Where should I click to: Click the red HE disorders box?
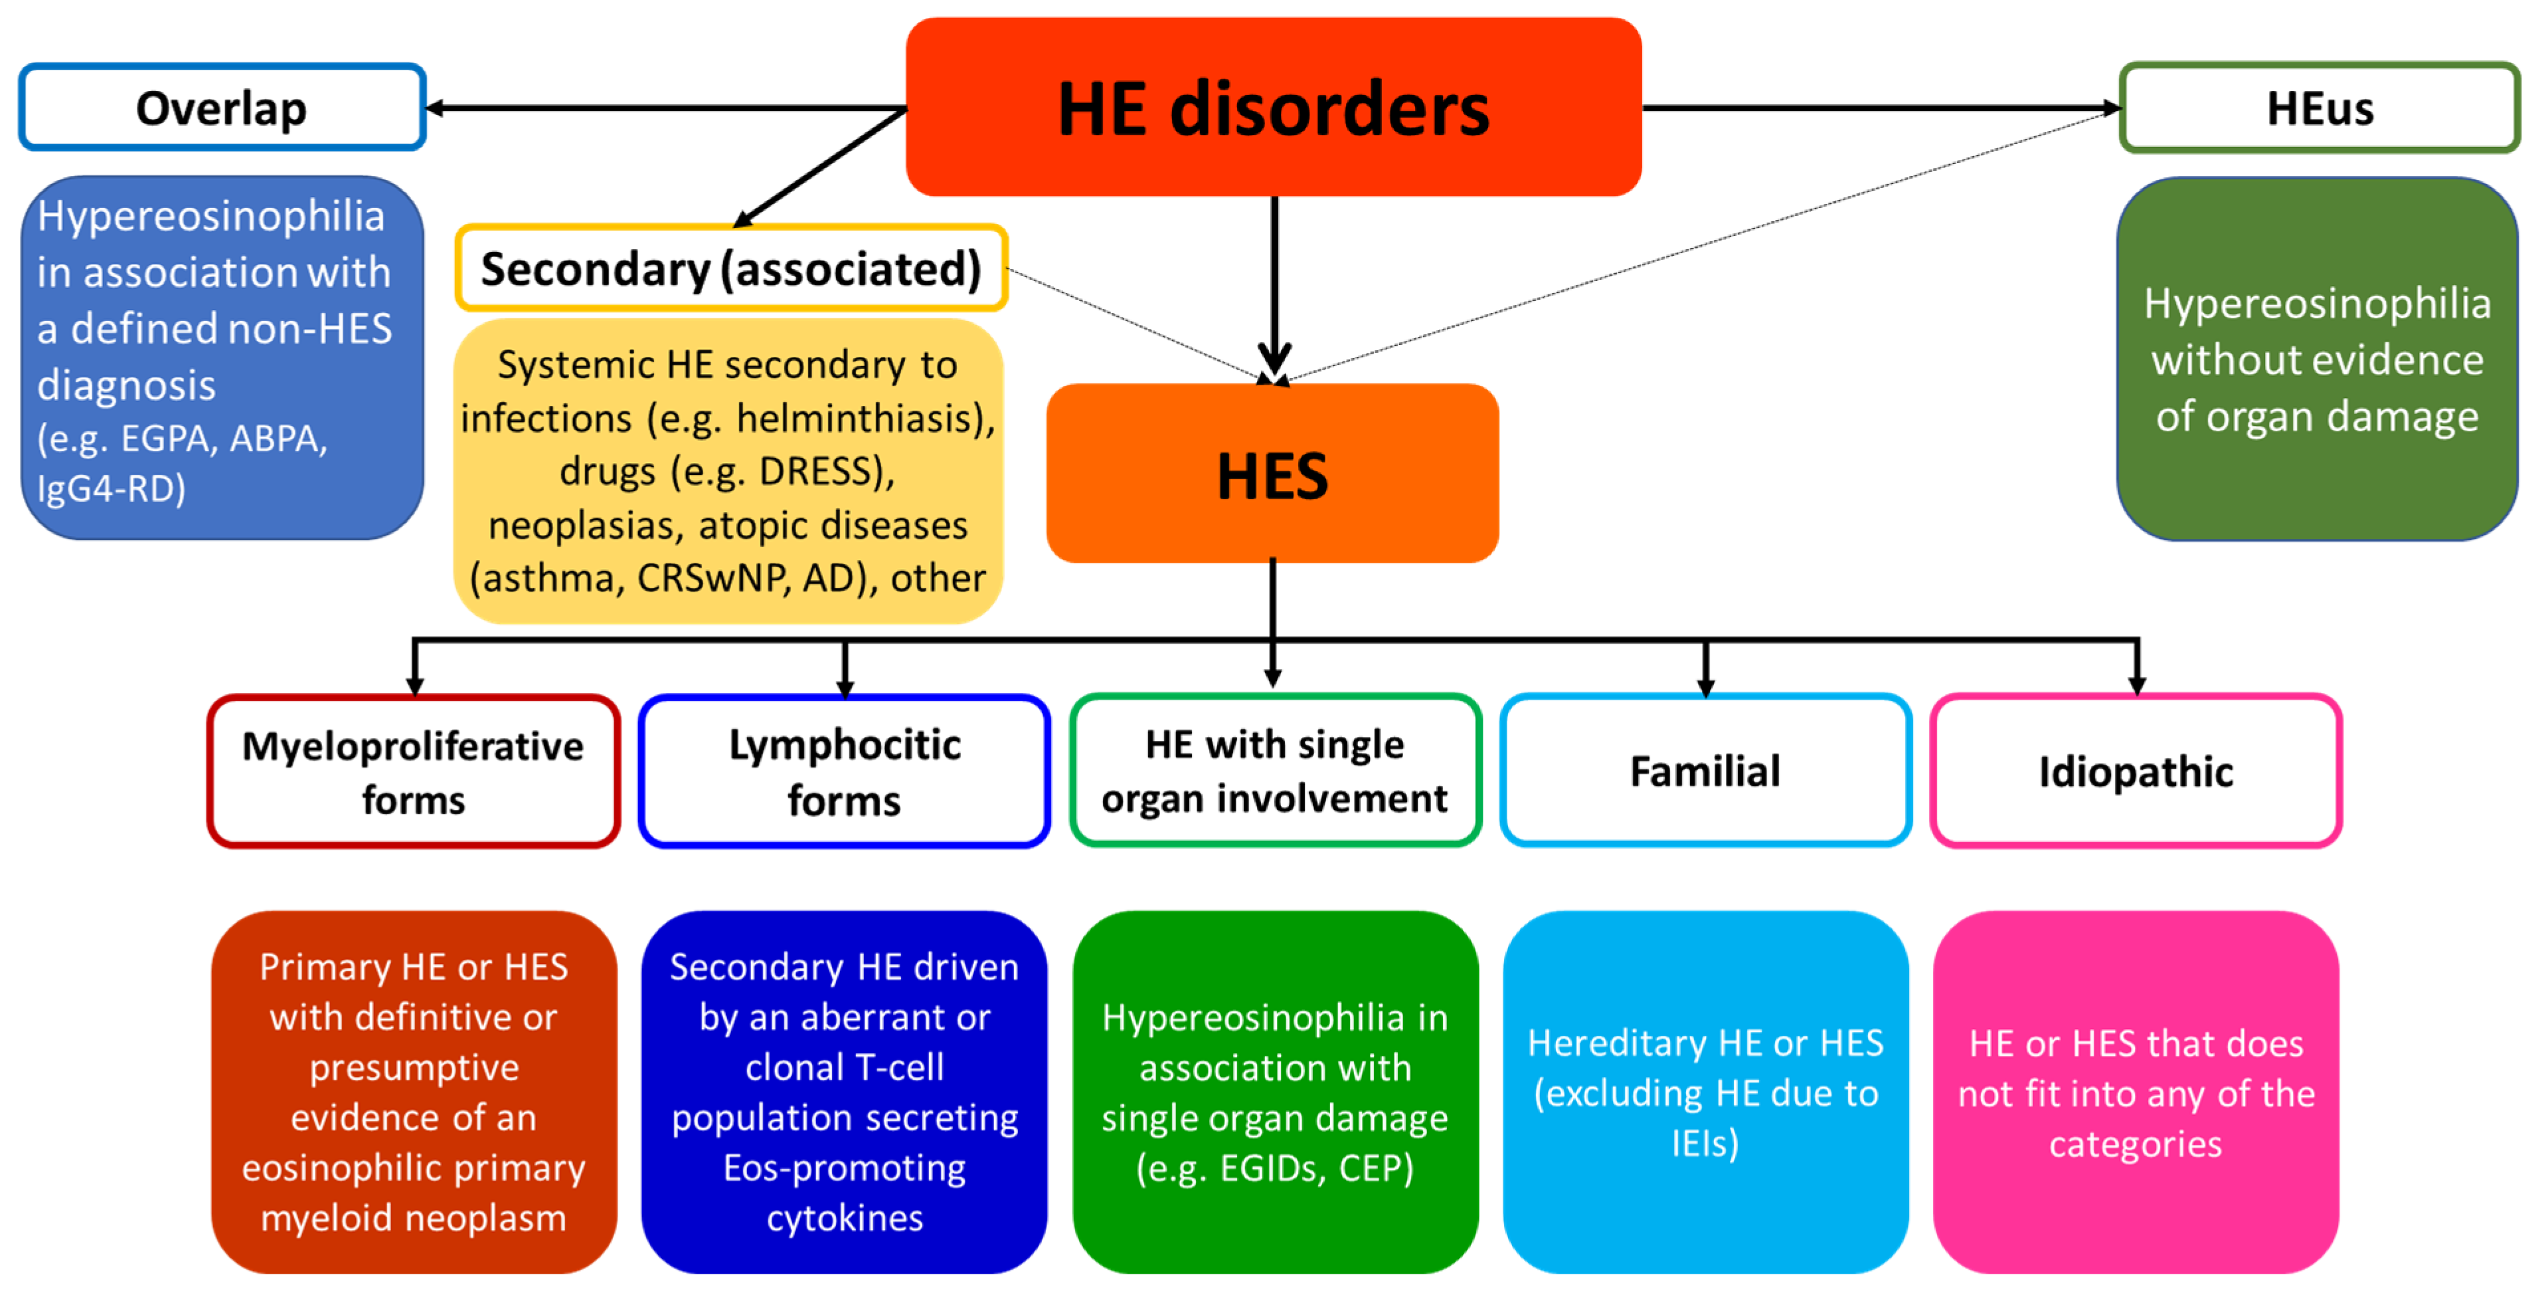pos(1273,107)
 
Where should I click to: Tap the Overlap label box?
pos(222,107)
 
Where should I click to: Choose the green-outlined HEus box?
pos(2319,107)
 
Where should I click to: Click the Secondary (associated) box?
pos(730,268)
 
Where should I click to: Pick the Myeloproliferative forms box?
pos(414,771)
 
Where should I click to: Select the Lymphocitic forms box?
pos(845,771)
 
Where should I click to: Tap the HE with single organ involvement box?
pos(1275,771)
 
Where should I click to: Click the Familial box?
pos(1705,771)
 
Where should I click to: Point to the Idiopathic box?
pos(2136,771)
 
